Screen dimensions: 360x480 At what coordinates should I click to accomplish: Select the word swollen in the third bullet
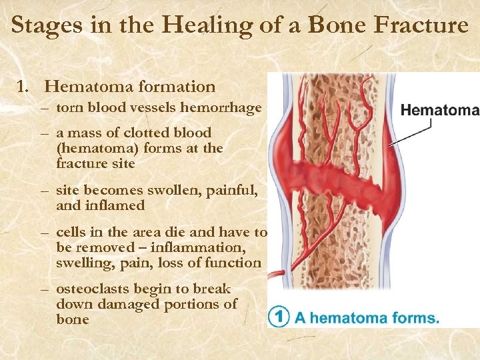click(x=175, y=191)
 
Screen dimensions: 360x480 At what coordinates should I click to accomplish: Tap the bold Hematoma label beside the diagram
click(x=440, y=111)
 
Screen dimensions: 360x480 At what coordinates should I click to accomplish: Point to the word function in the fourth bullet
click(x=235, y=263)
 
